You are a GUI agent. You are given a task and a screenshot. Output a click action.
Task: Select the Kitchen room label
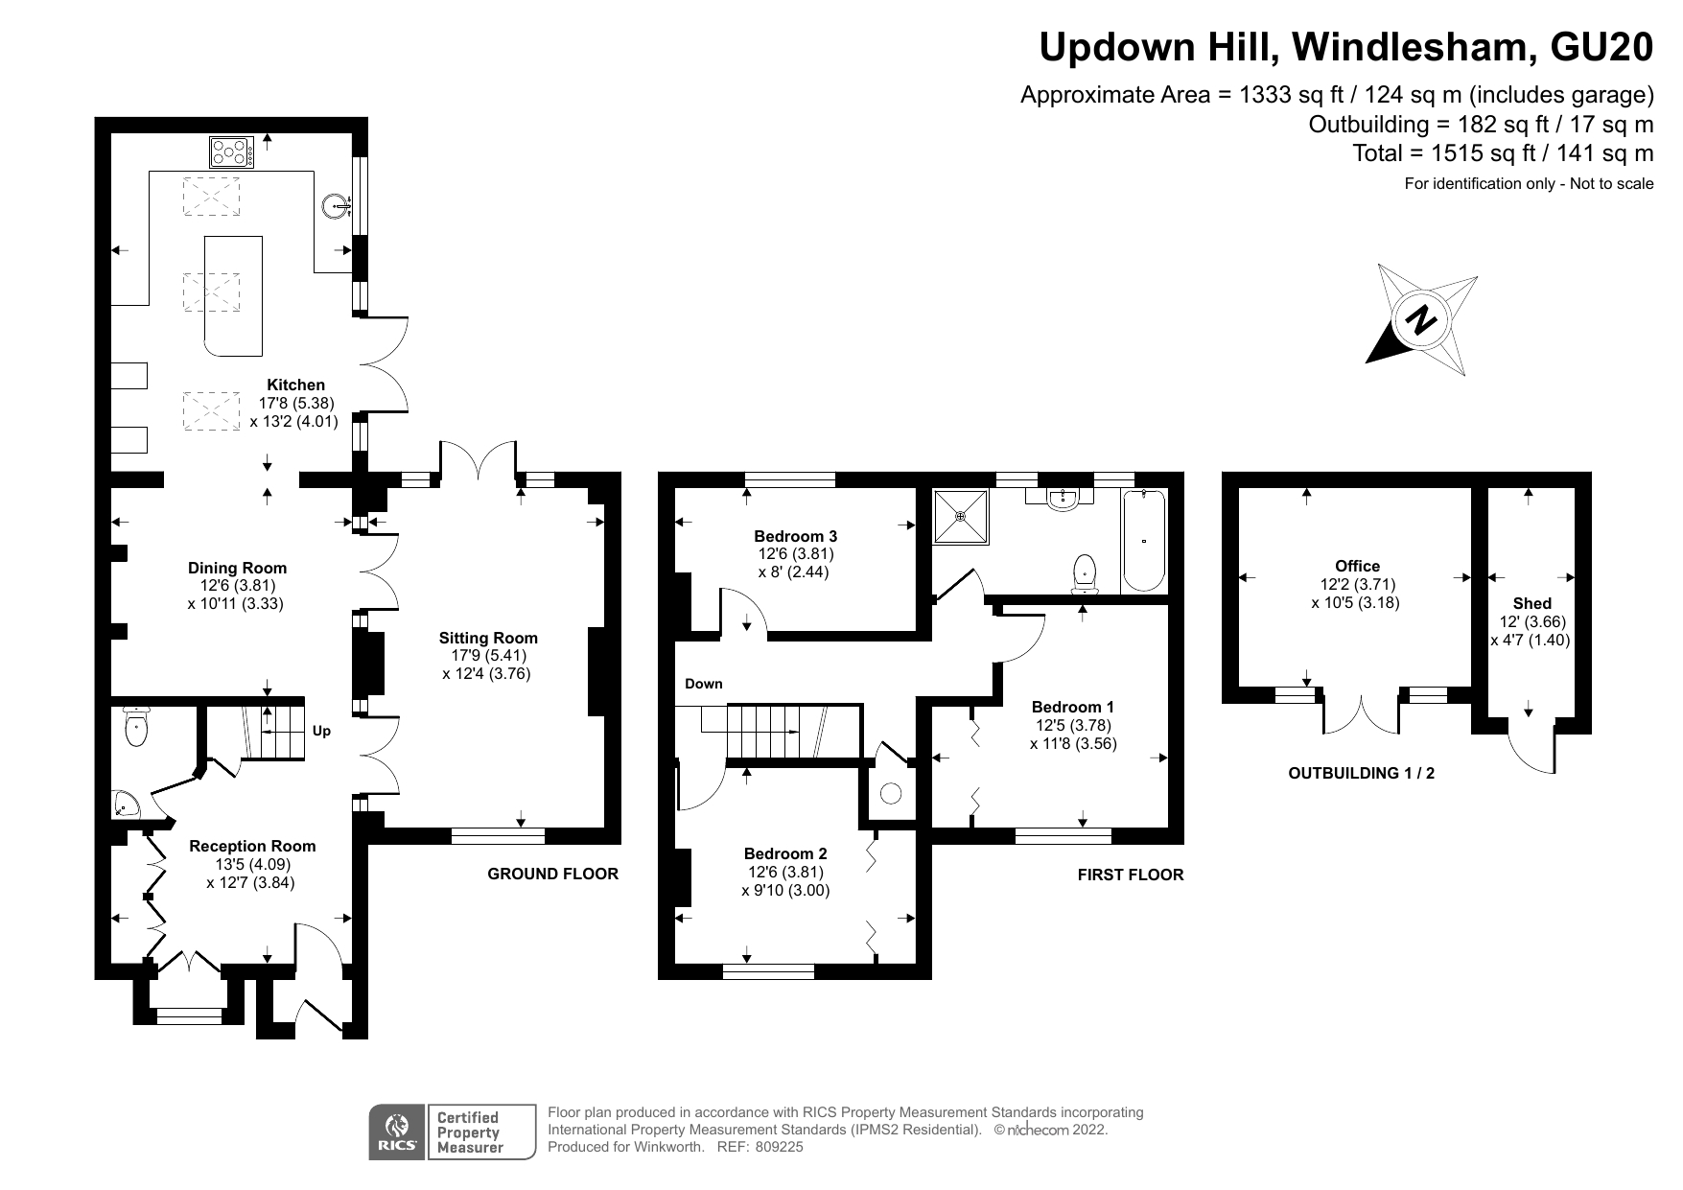point(295,385)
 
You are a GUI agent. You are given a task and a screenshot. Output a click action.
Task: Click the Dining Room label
point(237,568)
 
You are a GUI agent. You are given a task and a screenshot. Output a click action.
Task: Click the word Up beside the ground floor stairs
point(321,731)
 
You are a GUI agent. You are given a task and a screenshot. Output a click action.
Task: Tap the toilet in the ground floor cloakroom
point(136,728)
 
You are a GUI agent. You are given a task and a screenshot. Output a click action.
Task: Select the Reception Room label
point(252,846)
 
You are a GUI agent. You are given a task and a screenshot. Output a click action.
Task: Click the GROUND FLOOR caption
point(552,874)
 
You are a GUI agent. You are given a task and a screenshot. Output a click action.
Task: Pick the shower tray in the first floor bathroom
point(961,517)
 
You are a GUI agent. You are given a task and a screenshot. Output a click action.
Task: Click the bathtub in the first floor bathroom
point(1143,542)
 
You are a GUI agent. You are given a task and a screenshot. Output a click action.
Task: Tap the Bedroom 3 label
point(795,536)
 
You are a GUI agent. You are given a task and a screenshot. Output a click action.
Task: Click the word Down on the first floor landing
point(703,684)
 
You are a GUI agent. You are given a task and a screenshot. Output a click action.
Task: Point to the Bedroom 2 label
point(785,853)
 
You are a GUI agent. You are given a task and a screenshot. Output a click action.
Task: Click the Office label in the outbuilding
point(1357,566)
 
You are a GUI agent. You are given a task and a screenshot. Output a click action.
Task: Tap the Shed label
point(1531,603)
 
